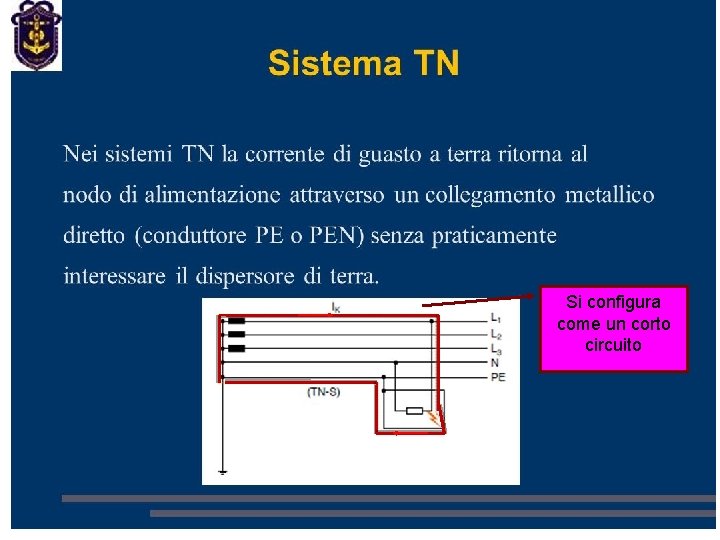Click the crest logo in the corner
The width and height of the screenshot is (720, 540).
(x=36, y=36)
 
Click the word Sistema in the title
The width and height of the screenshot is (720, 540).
(x=327, y=64)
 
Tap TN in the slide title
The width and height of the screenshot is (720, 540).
(x=435, y=64)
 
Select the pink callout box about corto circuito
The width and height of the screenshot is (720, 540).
(x=614, y=328)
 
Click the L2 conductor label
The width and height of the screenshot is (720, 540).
(x=496, y=334)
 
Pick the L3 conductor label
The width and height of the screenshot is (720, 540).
(x=496, y=348)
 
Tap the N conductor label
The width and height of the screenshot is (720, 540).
(x=494, y=362)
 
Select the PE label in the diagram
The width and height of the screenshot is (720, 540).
(x=498, y=377)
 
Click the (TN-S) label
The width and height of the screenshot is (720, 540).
(x=323, y=391)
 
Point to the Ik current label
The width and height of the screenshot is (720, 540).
(x=335, y=308)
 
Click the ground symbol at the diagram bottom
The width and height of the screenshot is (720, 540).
(x=222, y=470)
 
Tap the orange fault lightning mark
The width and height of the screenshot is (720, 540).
(x=433, y=416)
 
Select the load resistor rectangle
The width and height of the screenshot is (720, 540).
(x=413, y=410)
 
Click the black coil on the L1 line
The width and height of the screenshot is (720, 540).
(x=236, y=321)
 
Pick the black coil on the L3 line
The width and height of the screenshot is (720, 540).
(x=236, y=348)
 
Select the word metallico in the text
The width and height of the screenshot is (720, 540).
(x=609, y=194)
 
